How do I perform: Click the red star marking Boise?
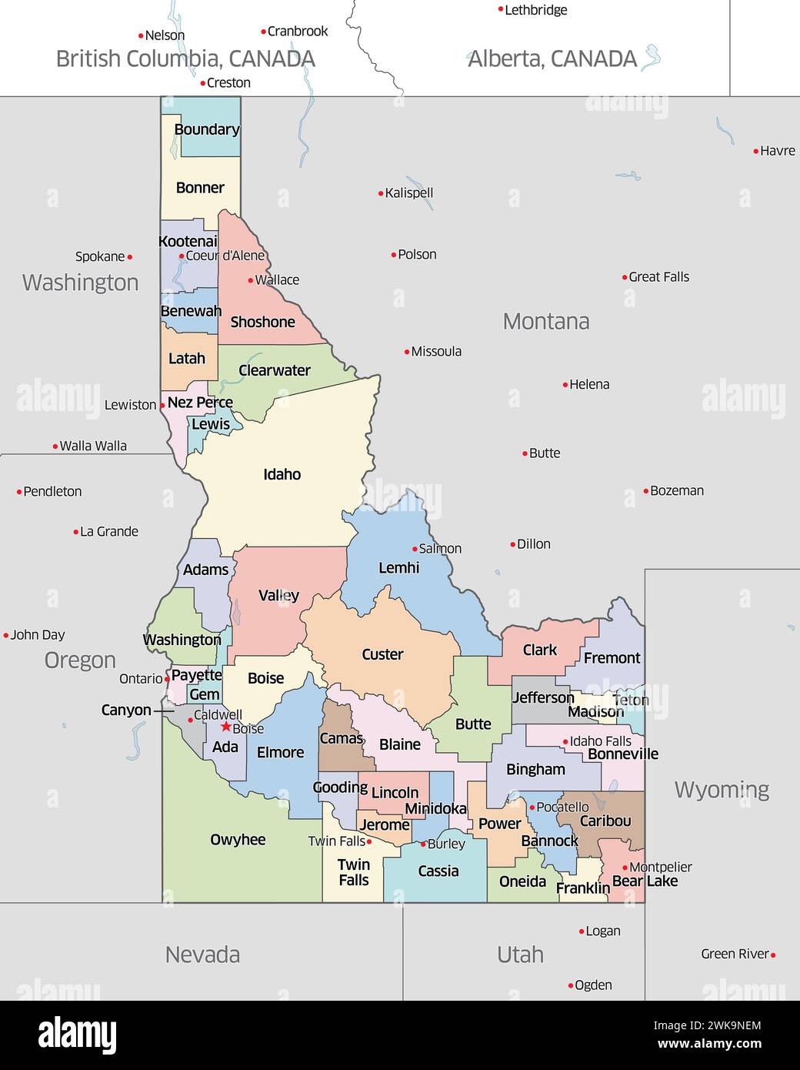click(x=225, y=726)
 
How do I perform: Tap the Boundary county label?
click(x=206, y=129)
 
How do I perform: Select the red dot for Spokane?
click(x=129, y=257)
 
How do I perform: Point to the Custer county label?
click(x=382, y=654)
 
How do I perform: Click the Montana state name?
click(x=546, y=321)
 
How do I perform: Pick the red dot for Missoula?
click(x=407, y=352)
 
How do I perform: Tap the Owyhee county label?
click(x=238, y=840)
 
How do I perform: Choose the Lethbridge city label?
click(x=536, y=10)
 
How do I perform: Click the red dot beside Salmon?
click(x=415, y=549)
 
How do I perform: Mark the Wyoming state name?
click(x=722, y=790)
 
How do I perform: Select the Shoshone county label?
click(x=262, y=322)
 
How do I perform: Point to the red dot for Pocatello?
click(x=532, y=808)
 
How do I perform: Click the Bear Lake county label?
click(x=645, y=881)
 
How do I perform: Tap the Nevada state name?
click(x=202, y=955)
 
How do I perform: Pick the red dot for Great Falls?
click(x=625, y=277)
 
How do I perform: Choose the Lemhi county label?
click(x=398, y=568)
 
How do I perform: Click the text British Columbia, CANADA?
click(x=185, y=59)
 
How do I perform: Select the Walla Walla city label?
click(x=93, y=446)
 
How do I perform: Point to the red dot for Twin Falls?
click(x=369, y=842)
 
